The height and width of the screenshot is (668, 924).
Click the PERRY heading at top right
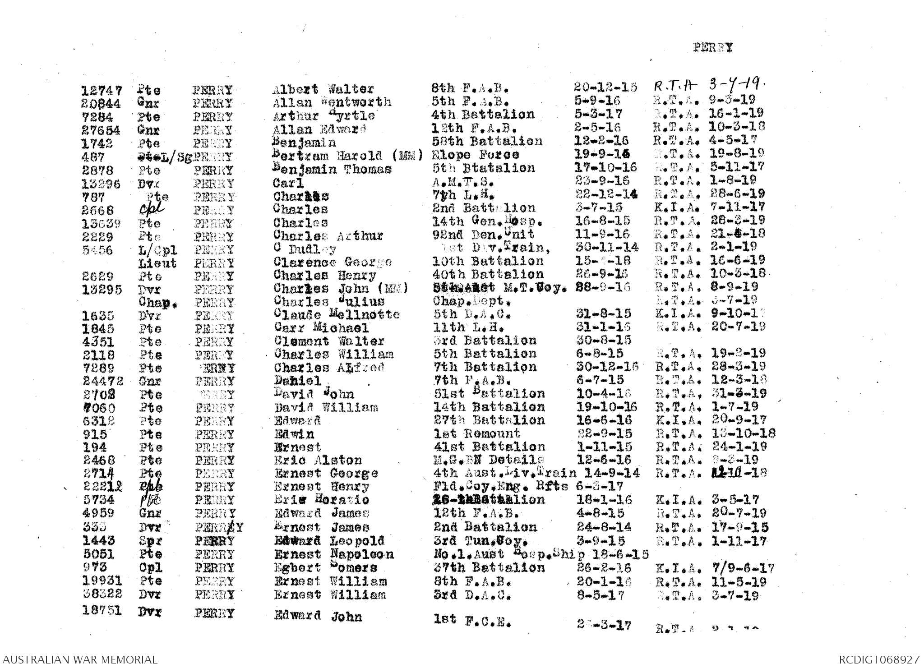(x=713, y=47)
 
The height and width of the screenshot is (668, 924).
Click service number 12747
(x=102, y=91)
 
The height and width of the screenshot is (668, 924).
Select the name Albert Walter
(x=323, y=90)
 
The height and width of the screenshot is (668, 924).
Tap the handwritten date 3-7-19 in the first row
(x=733, y=85)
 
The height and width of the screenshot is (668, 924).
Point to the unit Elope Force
(x=475, y=155)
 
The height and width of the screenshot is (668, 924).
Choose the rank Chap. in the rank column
(x=158, y=303)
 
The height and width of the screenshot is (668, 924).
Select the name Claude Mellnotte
(x=337, y=314)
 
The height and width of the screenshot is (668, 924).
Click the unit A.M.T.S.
(x=463, y=182)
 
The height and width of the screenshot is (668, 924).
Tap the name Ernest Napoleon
(x=334, y=554)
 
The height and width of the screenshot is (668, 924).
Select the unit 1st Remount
(x=476, y=434)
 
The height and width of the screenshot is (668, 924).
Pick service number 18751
(x=102, y=611)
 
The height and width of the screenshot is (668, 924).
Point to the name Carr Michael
(x=321, y=328)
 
